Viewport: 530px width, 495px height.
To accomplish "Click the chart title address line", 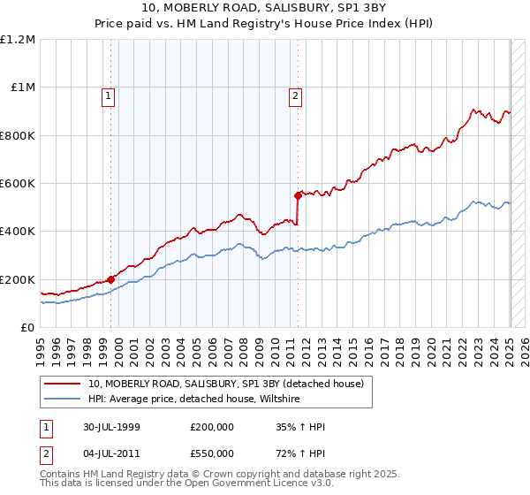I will point(265,10).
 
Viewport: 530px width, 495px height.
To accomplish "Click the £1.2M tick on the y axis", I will point(18,40).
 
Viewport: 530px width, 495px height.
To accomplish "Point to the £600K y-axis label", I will point(18,184).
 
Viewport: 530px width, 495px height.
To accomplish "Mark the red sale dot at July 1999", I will point(111,279).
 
